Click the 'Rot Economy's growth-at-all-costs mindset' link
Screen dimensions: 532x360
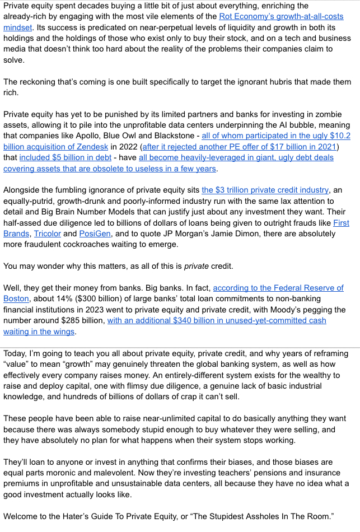tap(280, 17)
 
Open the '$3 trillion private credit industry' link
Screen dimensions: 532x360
tap(265, 190)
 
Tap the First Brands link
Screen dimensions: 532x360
tap(340, 222)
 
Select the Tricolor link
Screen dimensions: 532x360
tap(47, 233)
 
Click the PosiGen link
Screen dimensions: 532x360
tap(94, 233)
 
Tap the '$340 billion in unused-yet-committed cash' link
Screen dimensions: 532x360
tap(216, 320)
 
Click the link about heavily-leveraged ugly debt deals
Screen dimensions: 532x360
tap(236, 157)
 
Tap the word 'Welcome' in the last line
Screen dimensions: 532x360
tap(23, 516)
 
